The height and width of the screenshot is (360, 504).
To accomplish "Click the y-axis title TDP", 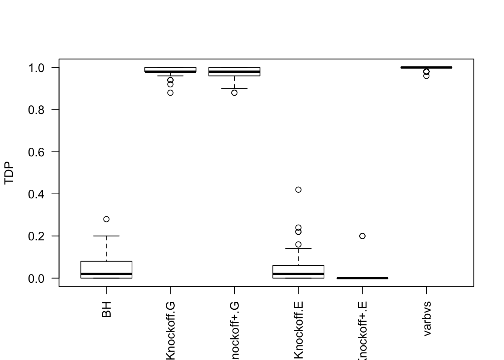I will pos(9,173).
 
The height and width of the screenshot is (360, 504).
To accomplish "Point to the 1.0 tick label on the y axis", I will pos(37,67).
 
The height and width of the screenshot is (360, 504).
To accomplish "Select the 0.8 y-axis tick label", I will pos(37,109).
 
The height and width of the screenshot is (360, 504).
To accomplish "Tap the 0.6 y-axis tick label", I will pos(37,152).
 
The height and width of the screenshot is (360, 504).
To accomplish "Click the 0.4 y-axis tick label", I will pos(37,194).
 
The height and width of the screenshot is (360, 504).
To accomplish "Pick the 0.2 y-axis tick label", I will pos(37,236).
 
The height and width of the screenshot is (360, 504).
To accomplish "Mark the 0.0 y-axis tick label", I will pos(37,278).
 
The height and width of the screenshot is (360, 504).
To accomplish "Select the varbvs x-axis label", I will pos(427,318).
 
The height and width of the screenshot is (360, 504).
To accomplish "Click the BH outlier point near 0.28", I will pos(106,219).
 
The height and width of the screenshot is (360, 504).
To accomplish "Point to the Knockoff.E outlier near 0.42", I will pos(298,190).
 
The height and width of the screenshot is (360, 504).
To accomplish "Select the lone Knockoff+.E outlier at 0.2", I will pos(362,236).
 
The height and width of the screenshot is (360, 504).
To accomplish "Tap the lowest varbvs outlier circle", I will pos(426,76).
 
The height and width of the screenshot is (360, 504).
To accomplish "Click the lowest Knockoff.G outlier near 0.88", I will pos(171,93).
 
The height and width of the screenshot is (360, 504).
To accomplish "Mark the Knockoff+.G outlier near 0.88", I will pos(234,93).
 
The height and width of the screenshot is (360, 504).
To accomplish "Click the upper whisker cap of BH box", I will pos(106,236).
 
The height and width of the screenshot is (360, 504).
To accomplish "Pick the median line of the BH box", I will pos(106,274).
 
